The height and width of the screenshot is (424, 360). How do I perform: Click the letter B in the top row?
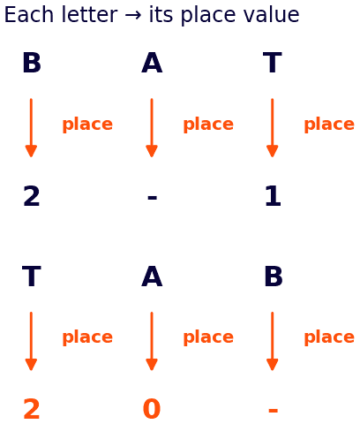point(32,63)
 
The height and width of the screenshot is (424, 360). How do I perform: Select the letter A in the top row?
point(152,63)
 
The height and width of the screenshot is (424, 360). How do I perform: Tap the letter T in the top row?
point(273,63)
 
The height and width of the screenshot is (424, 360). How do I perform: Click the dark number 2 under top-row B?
point(32,196)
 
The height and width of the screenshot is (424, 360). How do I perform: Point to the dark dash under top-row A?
point(152,198)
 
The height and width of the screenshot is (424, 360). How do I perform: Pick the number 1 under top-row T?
point(273,196)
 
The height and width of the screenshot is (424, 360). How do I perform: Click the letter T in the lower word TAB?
point(32,276)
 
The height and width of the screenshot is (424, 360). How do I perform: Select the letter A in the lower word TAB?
point(152,276)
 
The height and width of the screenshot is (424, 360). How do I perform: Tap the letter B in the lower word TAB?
point(274,276)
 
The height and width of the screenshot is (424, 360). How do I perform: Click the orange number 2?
point(32,409)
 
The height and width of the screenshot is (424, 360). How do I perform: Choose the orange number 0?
point(152,409)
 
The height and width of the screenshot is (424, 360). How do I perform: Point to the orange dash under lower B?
point(273,411)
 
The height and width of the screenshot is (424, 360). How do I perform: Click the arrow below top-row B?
point(31,128)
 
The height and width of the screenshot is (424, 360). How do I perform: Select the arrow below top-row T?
point(273,128)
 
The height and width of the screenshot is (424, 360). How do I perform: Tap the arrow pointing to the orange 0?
point(152,341)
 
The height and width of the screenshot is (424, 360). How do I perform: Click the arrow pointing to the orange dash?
point(273,341)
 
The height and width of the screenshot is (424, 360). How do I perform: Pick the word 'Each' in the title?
point(28,15)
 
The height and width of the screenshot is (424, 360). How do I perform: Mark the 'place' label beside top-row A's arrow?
point(208,125)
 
